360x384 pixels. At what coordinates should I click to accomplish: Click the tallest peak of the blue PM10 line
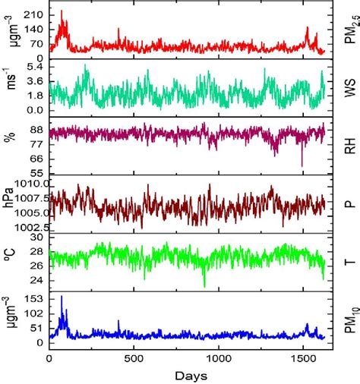click(62, 297)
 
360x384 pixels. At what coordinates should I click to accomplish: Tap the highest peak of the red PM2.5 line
click(62, 11)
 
